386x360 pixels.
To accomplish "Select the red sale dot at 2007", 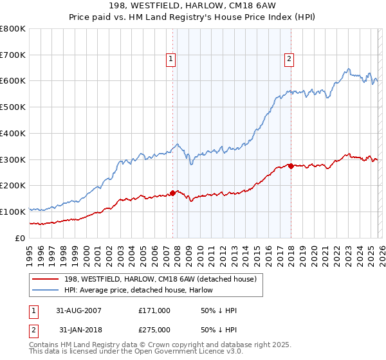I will click(x=173, y=193).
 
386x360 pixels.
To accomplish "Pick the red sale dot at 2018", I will click(x=291, y=166).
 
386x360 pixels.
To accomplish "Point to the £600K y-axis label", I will click(x=13, y=81).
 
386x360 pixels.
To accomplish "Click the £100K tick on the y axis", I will click(x=13, y=212).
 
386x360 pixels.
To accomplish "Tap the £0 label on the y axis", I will click(x=19, y=238).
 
